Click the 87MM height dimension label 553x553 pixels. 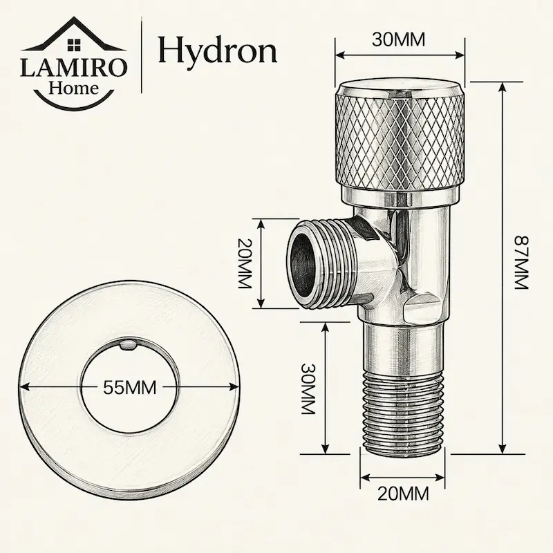pos(521,263)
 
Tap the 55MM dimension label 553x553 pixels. pos(129,388)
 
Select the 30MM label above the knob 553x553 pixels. pos(399,39)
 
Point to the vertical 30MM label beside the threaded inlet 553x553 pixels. pos(308,388)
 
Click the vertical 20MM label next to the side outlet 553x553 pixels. pos(244,263)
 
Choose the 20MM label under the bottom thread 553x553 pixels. pos(403,494)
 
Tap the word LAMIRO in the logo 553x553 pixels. pos(73,68)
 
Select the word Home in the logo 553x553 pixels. pos(74,88)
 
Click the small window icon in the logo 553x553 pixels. pos(74,45)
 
